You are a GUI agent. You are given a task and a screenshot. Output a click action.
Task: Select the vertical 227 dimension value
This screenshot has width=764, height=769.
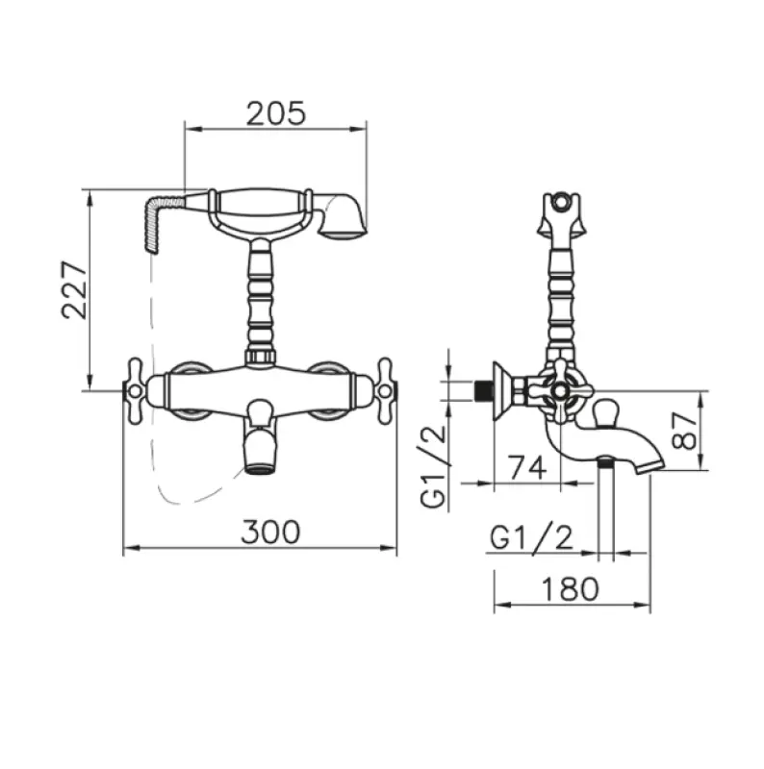tap(75, 289)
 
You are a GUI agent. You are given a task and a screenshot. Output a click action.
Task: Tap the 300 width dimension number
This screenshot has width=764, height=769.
tap(269, 531)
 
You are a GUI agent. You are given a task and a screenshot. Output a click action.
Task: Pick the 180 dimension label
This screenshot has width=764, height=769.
tap(570, 587)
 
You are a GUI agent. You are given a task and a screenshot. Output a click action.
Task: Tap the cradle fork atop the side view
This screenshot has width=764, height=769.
tap(560, 212)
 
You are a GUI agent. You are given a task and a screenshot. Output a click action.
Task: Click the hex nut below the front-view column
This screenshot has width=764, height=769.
tap(261, 358)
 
